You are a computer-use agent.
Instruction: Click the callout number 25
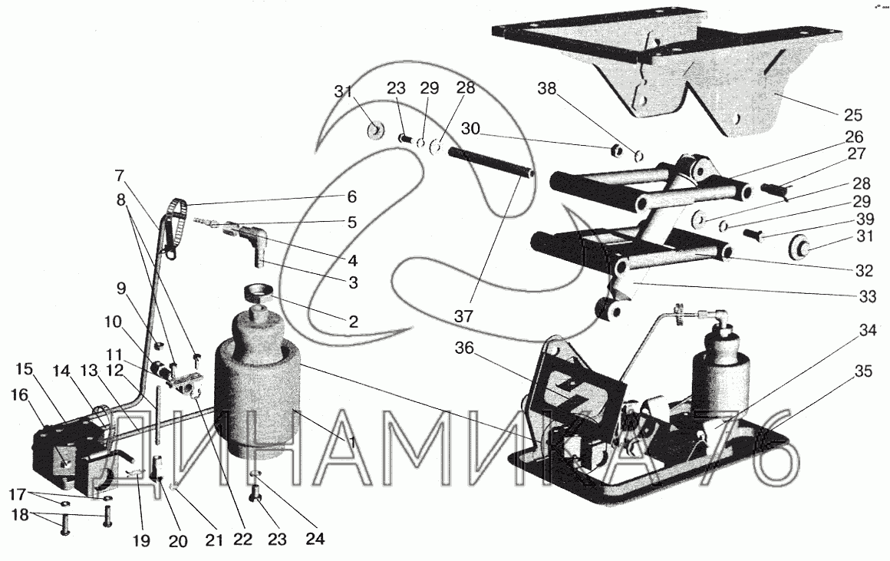852,114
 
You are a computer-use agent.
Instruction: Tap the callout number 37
463,315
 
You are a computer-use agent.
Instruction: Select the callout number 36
463,348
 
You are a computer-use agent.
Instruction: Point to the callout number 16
18,394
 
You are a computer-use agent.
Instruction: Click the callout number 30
470,129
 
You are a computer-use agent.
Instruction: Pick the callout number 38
547,88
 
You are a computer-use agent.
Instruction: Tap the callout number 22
242,539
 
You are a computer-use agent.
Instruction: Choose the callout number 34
867,331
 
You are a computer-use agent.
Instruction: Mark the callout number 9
121,288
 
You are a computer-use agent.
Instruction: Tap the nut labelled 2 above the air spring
259,294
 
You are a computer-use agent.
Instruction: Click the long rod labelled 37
490,163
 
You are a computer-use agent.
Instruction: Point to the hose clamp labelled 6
176,224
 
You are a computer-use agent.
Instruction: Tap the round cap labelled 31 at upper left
374,130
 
